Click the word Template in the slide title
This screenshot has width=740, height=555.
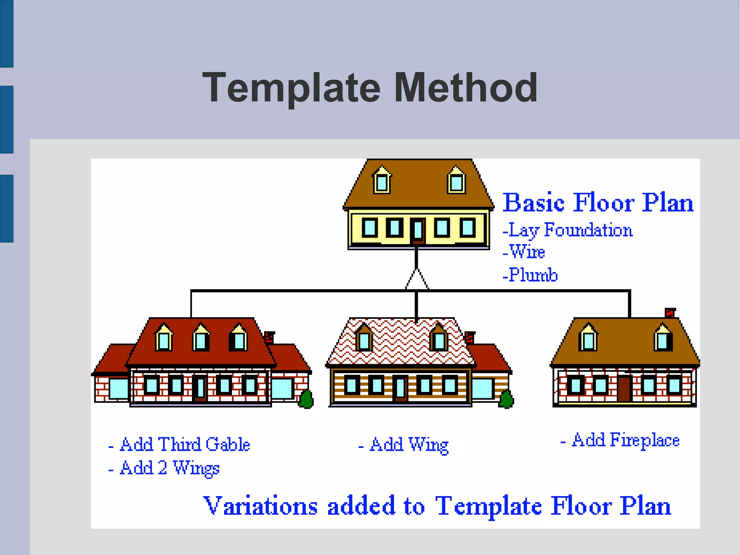(x=291, y=88)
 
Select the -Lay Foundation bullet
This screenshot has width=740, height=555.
(x=567, y=230)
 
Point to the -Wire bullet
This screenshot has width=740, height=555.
(x=524, y=252)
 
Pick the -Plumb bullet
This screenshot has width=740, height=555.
(x=530, y=275)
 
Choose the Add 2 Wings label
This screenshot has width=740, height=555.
(x=164, y=468)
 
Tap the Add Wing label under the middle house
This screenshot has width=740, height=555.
(x=404, y=445)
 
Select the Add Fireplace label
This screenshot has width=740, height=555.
(x=620, y=440)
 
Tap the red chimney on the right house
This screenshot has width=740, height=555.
(x=670, y=312)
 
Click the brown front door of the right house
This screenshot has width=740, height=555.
(x=624, y=389)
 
